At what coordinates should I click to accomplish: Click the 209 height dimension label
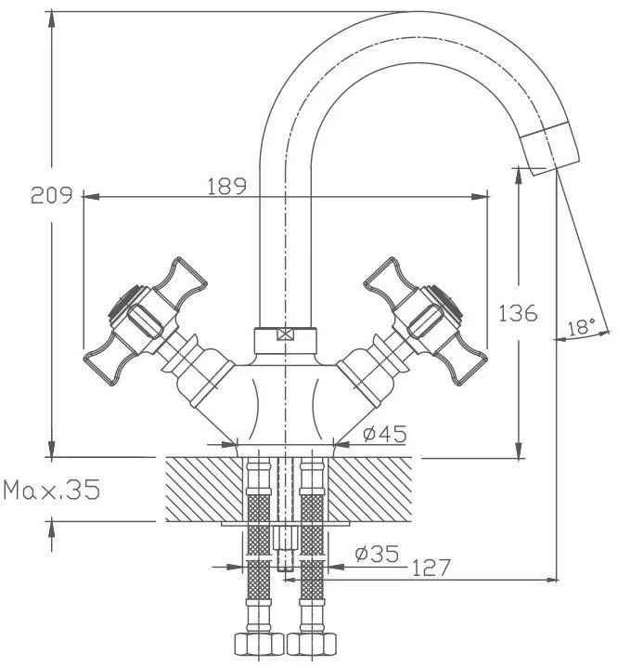pyautogui.click(x=51, y=195)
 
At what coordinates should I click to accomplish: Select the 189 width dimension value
pyautogui.click(x=227, y=186)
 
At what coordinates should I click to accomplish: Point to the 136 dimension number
pyautogui.click(x=518, y=313)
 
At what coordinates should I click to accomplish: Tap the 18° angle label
pyautogui.click(x=582, y=328)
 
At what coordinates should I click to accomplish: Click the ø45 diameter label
pyautogui.click(x=385, y=434)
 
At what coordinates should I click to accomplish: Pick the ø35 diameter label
pyautogui.click(x=378, y=554)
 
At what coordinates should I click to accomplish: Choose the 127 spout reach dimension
pyautogui.click(x=431, y=568)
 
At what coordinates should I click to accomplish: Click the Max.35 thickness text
pyautogui.click(x=52, y=490)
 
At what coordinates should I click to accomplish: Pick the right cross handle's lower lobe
pyautogui.click(x=465, y=359)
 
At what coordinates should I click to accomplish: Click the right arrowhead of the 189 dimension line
pyautogui.click(x=481, y=197)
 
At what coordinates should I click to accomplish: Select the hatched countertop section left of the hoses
pyautogui.click(x=203, y=490)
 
